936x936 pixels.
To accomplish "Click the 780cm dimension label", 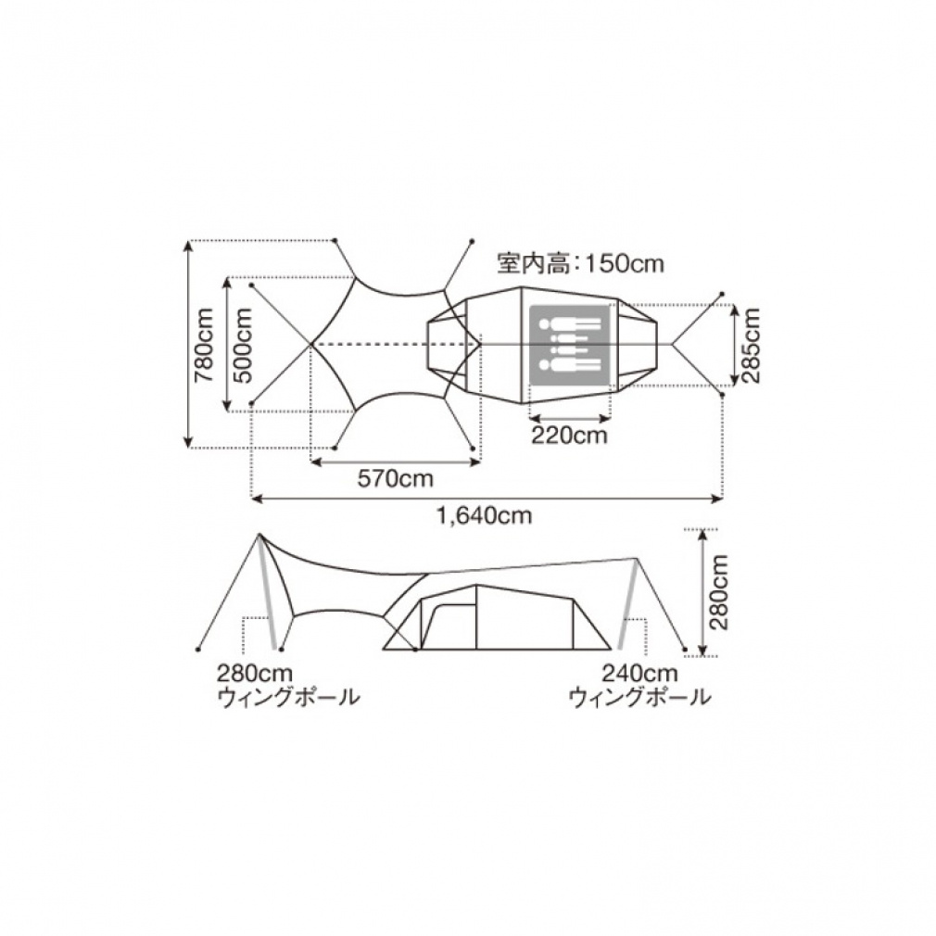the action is (x=204, y=345).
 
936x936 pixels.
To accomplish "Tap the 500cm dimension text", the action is (x=243, y=345).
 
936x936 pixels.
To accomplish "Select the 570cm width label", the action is (x=395, y=479).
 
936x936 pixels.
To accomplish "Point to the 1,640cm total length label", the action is (x=485, y=515).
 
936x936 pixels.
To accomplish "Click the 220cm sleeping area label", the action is (x=570, y=436).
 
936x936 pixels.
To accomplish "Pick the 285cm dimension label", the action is (x=751, y=346).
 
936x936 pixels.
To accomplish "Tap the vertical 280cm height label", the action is (x=719, y=592).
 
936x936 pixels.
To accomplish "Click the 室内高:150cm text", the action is (x=581, y=263).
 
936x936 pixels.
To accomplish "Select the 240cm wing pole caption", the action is (x=640, y=674).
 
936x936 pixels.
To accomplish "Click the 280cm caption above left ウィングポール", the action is (x=254, y=674).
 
